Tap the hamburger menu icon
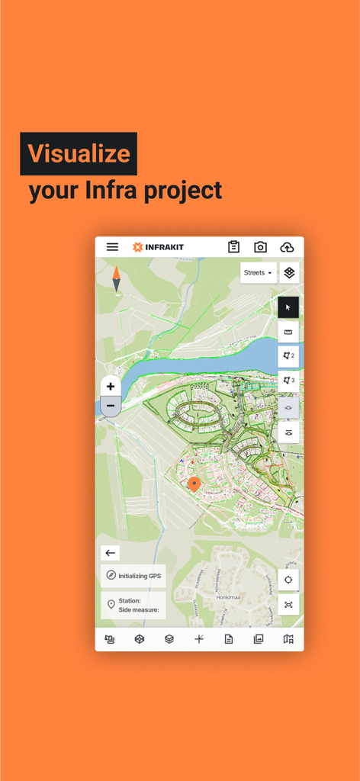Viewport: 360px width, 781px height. (x=112, y=247)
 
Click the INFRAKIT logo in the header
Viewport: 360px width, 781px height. (x=158, y=247)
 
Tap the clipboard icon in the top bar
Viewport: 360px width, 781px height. (x=233, y=247)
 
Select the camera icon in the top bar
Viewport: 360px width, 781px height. (x=260, y=247)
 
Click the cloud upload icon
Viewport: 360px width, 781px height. (x=287, y=247)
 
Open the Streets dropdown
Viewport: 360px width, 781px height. (x=258, y=273)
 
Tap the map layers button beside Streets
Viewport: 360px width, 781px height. (x=289, y=273)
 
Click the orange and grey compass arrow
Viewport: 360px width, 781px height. (x=117, y=279)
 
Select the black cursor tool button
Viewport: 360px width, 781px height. (x=288, y=307)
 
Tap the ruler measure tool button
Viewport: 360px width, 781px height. (x=288, y=332)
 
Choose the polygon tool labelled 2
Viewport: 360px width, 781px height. (x=288, y=356)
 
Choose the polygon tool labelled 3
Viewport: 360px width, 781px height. (x=288, y=381)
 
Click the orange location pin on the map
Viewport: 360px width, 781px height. (x=194, y=484)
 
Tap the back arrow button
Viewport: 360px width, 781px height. (x=111, y=553)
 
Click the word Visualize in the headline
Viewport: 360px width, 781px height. (x=79, y=154)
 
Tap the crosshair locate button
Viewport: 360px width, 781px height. (x=288, y=580)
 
